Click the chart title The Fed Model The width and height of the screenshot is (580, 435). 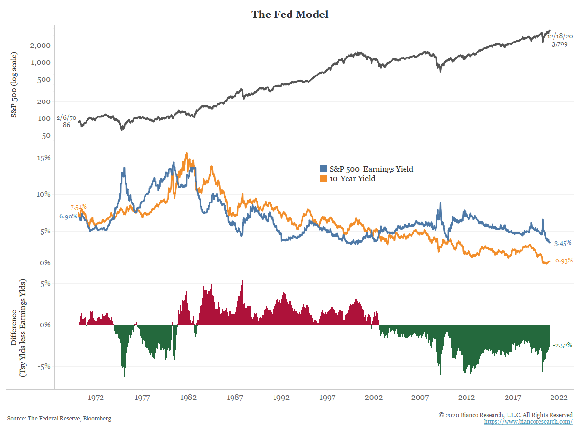(x=290, y=14)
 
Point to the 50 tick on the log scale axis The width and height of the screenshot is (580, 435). (x=46, y=136)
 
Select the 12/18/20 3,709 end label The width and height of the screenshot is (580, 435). (x=560, y=40)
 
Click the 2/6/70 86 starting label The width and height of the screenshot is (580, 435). (x=66, y=121)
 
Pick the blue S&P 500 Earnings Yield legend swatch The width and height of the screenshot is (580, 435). (x=324, y=169)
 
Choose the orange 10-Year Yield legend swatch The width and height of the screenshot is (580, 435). (x=324, y=179)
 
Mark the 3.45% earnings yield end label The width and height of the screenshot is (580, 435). (x=562, y=243)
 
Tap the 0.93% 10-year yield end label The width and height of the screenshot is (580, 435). (x=564, y=261)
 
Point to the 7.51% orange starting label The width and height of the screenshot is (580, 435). (x=78, y=207)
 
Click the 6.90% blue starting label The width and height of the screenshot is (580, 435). (x=68, y=217)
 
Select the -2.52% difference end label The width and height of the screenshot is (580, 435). (x=563, y=345)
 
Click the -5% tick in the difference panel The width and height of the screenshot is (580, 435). (x=44, y=366)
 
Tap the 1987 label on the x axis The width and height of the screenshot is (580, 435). (x=235, y=398)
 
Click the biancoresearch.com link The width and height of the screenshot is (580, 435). (x=528, y=422)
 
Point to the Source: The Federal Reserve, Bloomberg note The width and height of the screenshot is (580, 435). (x=59, y=419)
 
